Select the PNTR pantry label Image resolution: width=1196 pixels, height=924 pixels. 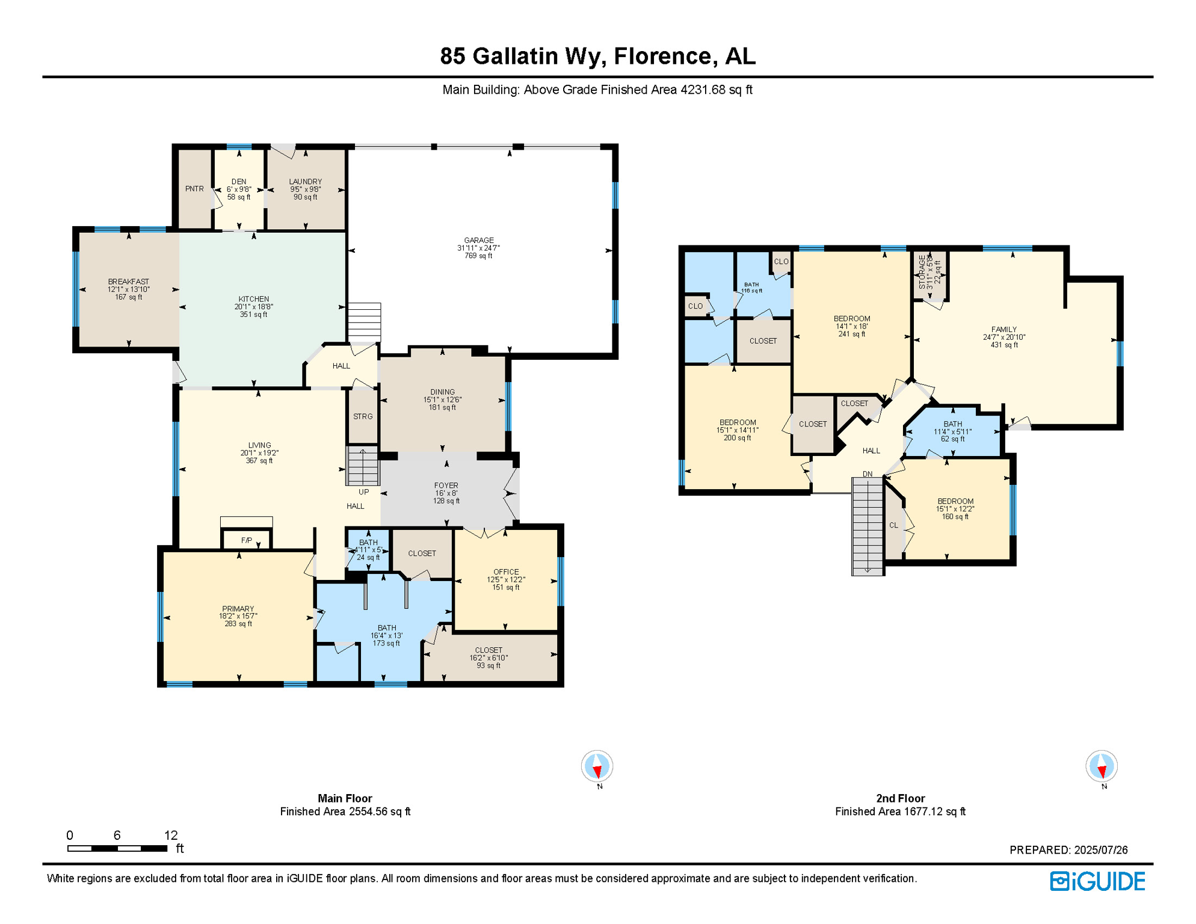tap(194, 189)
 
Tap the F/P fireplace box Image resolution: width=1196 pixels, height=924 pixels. tap(247, 540)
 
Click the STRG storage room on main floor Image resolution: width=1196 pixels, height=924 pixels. tap(363, 416)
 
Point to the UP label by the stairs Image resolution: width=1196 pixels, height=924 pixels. tap(363, 491)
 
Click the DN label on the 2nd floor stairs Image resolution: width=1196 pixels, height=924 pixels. tap(868, 474)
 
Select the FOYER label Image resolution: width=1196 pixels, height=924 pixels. tap(446, 485)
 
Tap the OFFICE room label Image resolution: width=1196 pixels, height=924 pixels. tap(506, 572)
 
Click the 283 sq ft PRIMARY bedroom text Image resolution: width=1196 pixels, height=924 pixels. tap(238, 624)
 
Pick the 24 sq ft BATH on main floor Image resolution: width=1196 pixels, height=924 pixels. tap(368, 550)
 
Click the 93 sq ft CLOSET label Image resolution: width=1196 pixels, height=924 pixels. tap(488, 658)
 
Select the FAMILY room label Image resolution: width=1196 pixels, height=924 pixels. tap(1003, 330)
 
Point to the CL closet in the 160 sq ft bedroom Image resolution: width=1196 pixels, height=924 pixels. tap(893, 525)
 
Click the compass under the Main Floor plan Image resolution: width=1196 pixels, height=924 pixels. tap(597, 766)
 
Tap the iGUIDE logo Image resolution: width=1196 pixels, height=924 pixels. tap(1097, 881)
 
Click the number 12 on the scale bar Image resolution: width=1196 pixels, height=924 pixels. tap(171, 835)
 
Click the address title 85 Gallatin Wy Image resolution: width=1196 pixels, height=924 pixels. tap(597, 56)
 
